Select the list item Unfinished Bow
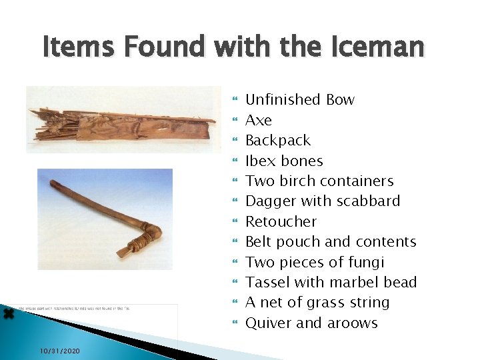[x=300, y=100]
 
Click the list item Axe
[x=259, y=121]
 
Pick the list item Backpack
[x=278, y=141]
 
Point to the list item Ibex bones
[x=284, y=161]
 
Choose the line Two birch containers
[x=319, y=181]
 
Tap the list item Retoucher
[x=281, y=222]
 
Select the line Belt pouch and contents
[x=331, y=242]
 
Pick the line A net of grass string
[x=317, y=303]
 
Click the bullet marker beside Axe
[x=233, y=121]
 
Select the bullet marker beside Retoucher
[x=233, y=222]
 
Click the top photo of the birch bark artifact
[x=123, y=120]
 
